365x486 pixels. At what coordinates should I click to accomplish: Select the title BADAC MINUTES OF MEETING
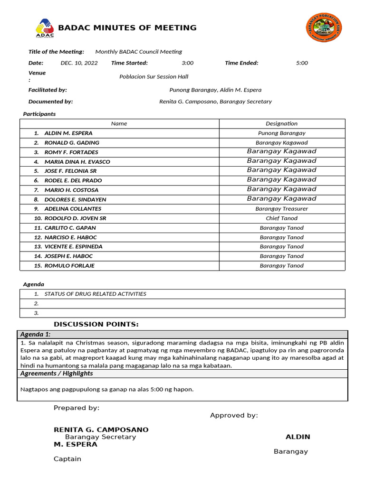127,28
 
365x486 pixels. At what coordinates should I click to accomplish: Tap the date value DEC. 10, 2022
79,63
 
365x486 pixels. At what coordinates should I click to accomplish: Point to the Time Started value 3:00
187,63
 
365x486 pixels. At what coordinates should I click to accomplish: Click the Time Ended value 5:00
302,63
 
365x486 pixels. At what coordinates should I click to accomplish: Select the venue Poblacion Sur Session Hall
154,76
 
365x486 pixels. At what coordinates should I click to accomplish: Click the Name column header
119,124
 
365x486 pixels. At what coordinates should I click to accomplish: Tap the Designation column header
281,124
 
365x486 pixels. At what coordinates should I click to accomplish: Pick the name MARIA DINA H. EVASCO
77,162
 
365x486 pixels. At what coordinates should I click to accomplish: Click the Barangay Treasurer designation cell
281,209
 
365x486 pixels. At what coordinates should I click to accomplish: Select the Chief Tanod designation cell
281,218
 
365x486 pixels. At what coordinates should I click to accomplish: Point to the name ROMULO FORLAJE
69,266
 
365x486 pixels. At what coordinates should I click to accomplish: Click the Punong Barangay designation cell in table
281,133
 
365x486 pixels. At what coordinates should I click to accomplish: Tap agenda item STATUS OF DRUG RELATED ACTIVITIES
95,294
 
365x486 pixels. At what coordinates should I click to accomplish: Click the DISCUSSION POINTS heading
96,324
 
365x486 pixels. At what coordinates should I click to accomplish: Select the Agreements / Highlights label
57,374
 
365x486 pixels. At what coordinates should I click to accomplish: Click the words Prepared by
77,408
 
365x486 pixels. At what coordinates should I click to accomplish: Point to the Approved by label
234,416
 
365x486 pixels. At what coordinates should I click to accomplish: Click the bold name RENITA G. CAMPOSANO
101,430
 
